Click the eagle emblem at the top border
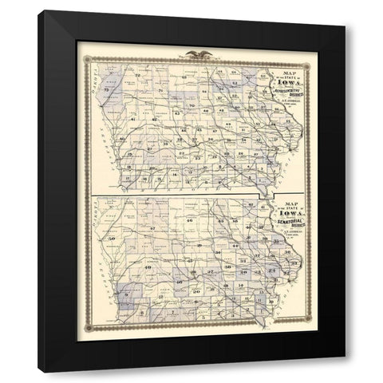tap(191, 55)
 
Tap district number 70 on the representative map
tap(193, 105)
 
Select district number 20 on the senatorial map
tap(196, 291)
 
